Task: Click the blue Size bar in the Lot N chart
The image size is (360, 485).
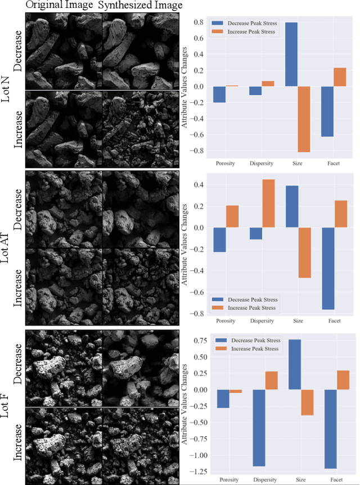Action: [x=291, y=55]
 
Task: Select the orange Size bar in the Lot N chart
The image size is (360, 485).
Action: [x=304, y=119]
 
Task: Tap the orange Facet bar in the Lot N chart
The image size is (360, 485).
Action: [x=340, y=77]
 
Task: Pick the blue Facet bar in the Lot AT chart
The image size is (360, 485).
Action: [x=327, y=268]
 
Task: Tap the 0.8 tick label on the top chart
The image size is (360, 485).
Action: [x=198, y=23]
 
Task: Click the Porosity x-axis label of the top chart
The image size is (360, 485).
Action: [x=226, y=164]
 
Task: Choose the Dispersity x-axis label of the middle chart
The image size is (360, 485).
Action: [x=262, y=321]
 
